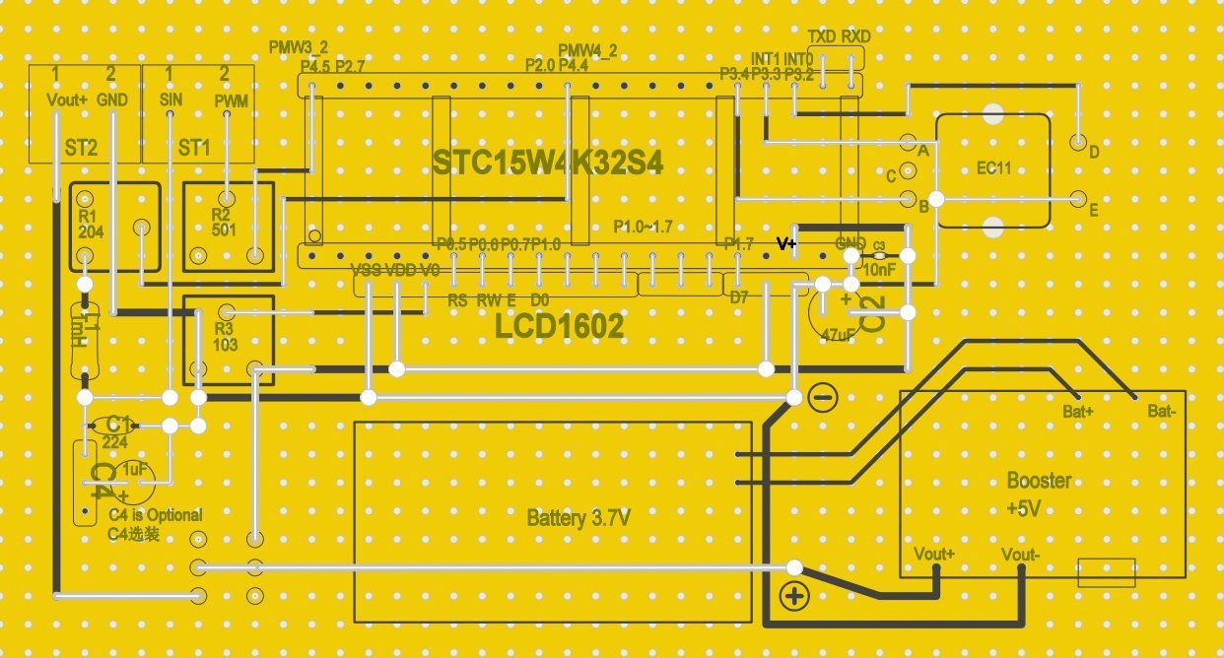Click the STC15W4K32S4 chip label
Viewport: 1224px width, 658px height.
pos(548,164)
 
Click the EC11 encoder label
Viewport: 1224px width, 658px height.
pos(993,168)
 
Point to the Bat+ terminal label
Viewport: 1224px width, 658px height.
pos(1078,411)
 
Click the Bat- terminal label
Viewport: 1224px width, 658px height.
pos(1161,411)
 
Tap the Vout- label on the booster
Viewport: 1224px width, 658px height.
pos(1020,554)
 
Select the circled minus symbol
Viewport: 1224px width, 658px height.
pos(822,398)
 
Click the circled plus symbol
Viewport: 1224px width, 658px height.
pos(794,595)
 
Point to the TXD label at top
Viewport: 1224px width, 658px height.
pos(822,36)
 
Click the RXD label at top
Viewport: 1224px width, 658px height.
pos(856,36)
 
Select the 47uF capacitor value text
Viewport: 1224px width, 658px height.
pos(838,335)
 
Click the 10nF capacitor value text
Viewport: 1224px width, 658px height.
pos(879,267)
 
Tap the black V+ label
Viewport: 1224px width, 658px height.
pos(786,243)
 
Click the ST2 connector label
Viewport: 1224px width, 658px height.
pos(81,148)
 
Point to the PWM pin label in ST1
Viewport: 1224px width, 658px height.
pos(232,101)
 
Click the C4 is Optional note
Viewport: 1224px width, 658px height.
pos(155,515)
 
